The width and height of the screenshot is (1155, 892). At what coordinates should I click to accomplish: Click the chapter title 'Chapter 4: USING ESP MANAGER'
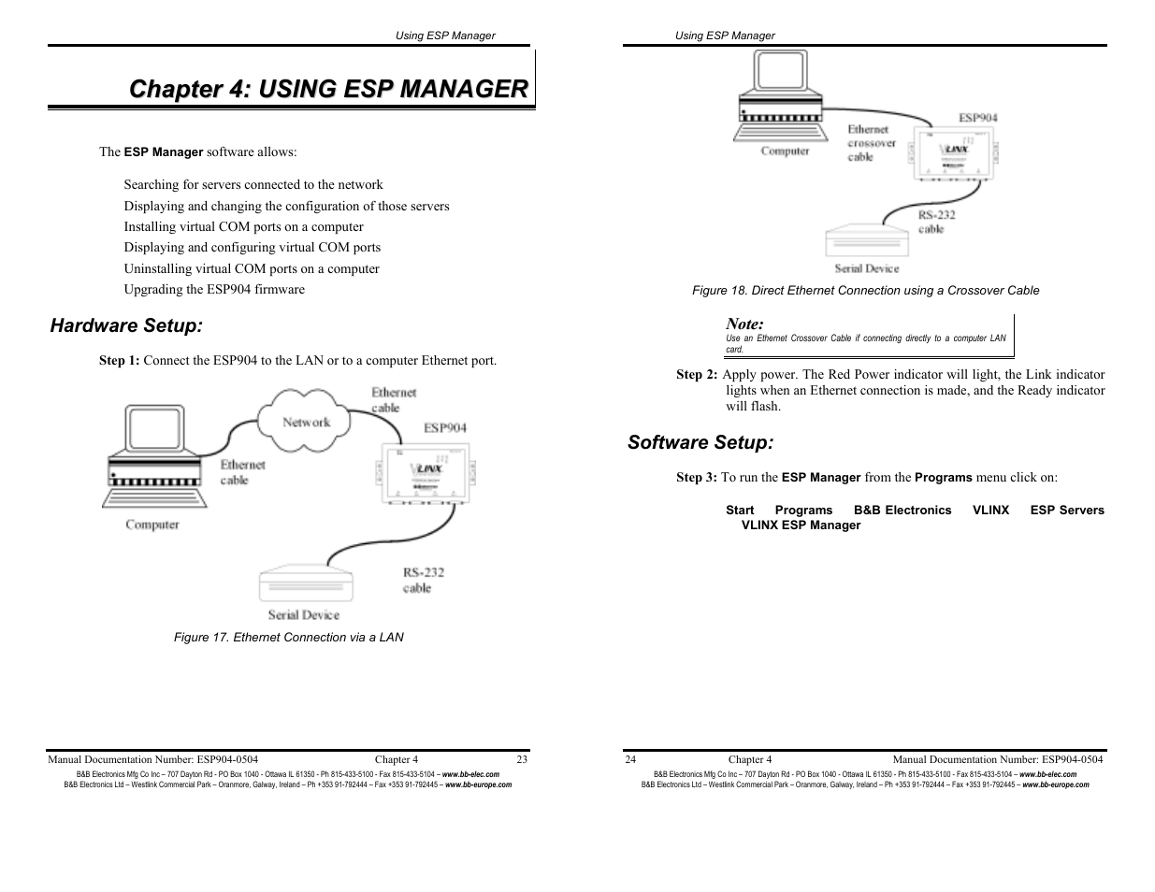pyautogui.click(x=327, y=89)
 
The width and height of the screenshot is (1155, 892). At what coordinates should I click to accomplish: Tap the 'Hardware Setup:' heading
pyautogui.click(x=125, y=325)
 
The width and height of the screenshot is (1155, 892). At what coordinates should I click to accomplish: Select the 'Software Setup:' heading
pyautogui.click(x=700, y=442)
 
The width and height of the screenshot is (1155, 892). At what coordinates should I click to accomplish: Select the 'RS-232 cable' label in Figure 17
pyautogui.click(x=423, y=580)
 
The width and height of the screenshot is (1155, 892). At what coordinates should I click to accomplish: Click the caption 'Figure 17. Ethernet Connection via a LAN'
pyautogui.click(x=289, y=637)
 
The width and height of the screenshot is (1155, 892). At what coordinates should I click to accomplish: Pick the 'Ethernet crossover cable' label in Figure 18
pyautogui.click(x=871, y=143)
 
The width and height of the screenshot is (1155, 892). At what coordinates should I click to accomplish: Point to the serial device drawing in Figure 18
pyautogui.click(x=867, y=240)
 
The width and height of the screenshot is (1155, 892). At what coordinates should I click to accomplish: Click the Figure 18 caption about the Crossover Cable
pyautogui.click(x=865, y=291)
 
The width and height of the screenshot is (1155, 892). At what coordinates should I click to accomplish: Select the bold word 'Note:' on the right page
pyautogui.click(x=744, y=324)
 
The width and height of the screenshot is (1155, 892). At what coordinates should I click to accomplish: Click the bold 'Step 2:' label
pyautogui.click(x=697, y=374)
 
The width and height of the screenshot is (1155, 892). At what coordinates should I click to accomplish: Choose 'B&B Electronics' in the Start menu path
pyautogui.click(x=902, y=510)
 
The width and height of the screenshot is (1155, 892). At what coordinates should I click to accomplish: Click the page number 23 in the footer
pyautogui.click(x=522, y=759)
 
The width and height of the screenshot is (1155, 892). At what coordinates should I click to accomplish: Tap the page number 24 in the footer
pyautogui.click(x=630, y=759)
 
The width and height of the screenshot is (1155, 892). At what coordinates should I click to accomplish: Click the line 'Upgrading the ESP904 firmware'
pyautogui.click(x=214, y=289)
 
